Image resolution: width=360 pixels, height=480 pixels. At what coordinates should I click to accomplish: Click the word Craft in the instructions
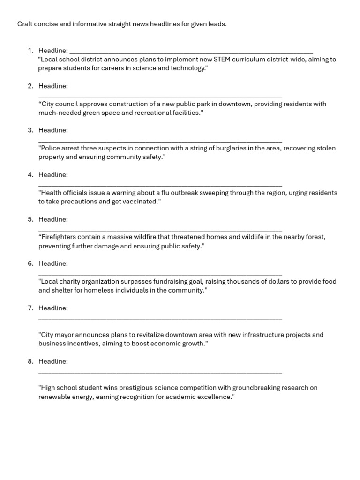point(26,24)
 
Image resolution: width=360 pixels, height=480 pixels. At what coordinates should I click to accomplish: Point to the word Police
point(51,148)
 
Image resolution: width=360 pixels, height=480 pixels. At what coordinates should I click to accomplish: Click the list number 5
point(30,219)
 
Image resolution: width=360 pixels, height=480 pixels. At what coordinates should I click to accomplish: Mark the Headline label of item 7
point(53,308)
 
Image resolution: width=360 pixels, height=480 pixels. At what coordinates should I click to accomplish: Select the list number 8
point(30,361)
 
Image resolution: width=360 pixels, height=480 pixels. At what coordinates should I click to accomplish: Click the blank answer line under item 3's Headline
point(160,141)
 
